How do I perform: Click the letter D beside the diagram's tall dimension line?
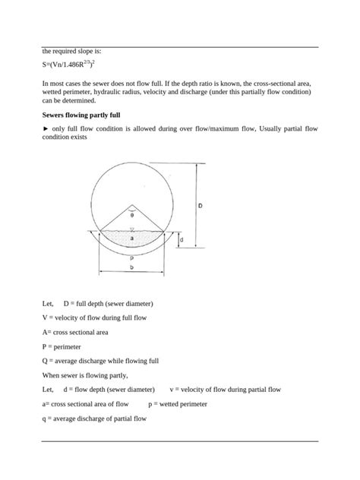pyautogui.click(x=200, y=205)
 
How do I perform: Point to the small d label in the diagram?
pyautogui.click(x=180, y=240)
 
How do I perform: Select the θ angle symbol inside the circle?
pyautogui.click(x=131, y=215)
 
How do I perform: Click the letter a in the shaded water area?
pyautogui.click(x=131, y=238)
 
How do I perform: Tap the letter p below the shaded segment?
pyautogui.click(x=131, y=257)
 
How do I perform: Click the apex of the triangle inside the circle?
pyautogui.click(x=131, y=204)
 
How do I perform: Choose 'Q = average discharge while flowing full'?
pyautogui.click(x=101, y=361)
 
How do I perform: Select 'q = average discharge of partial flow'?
pyautogui.click(x=94, y=418)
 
